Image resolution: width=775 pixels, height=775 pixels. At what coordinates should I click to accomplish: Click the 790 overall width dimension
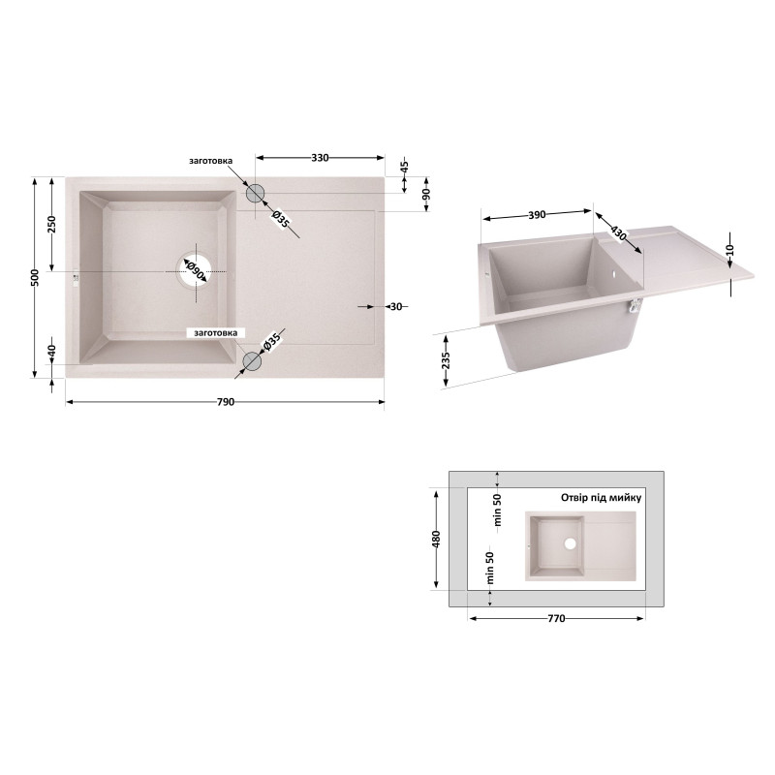pos(226,402)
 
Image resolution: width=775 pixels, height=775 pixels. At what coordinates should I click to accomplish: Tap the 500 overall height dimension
pos(35,277)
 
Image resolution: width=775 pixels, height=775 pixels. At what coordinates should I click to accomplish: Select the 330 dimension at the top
pos(320,158)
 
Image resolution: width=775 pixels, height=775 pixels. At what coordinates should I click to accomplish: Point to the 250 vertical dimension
pos(52,224)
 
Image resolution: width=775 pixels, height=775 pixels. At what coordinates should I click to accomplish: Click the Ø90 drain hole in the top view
pos(196,271)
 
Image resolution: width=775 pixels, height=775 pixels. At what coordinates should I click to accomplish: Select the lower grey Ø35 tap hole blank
pos(252,361)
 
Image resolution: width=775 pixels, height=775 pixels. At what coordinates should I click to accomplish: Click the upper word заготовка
pos(210,161)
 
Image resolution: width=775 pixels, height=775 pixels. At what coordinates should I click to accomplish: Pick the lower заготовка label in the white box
pos(215,333)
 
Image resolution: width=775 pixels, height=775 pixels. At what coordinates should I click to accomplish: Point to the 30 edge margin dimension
pos(396,306)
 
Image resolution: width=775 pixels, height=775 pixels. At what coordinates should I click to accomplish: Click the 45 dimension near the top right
pos(404,166)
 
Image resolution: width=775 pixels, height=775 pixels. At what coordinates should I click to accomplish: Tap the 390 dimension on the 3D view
pos(538,215)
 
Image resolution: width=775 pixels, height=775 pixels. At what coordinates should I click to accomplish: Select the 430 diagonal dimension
pos(618,232)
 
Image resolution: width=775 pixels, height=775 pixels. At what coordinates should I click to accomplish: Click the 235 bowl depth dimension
pos(446,360)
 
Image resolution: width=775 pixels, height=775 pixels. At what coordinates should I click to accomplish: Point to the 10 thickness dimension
pos(731,250)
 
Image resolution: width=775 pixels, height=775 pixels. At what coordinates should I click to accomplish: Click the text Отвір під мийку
pos(601,497)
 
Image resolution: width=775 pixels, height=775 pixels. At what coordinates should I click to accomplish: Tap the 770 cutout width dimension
pos(556,618)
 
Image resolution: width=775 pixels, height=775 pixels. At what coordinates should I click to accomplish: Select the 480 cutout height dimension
pos(436,539)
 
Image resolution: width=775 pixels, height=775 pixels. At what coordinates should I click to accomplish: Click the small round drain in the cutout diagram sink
pos(570,544)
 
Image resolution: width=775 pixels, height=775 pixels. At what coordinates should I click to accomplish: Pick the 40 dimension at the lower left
pos(52,351)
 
